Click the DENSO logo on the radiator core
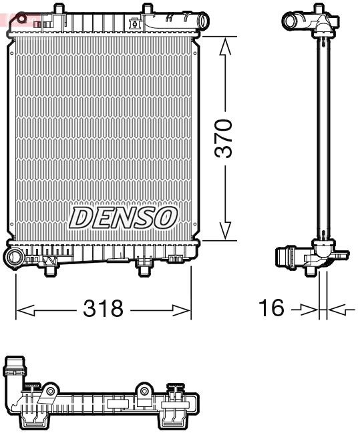pos(124,218)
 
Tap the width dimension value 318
pos(104,308)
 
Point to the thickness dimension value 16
pos(272,308)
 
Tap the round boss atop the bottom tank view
pos(144,391)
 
